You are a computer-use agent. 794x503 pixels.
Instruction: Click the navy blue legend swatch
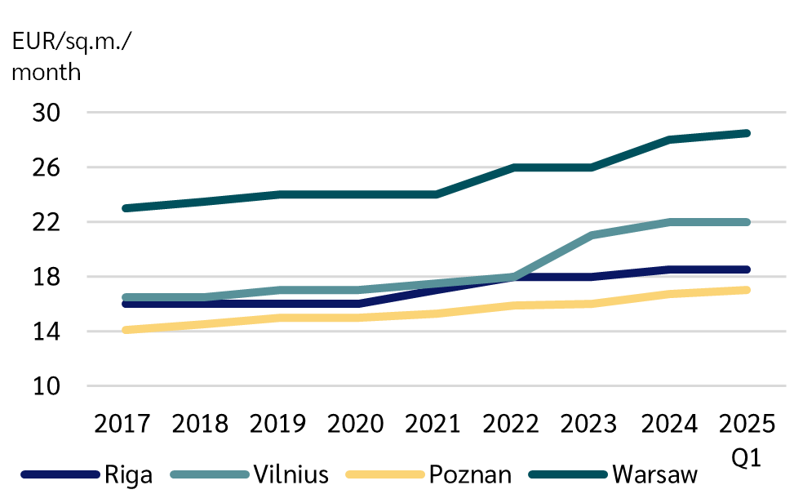coord(60,474)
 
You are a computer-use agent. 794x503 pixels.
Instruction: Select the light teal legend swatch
coord(210,474)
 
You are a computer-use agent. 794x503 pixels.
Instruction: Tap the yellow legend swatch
coord(385,474)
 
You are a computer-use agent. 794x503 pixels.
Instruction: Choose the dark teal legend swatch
coord(568,474)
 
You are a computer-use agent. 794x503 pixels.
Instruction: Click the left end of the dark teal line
coord(126,208)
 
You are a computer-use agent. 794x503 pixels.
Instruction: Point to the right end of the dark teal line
coord(746,133)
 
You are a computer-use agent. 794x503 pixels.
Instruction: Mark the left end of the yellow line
coord(126,330)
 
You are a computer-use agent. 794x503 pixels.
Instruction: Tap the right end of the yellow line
coord(746,290)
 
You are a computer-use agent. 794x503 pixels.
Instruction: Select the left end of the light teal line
coord(126,297)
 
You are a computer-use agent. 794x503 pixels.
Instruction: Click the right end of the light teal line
coord(746,222)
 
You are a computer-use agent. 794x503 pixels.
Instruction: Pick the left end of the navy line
coord(126,304)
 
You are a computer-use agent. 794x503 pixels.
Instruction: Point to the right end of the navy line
coord(746,269)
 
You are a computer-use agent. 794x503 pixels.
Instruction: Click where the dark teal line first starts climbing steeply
coord(435,194)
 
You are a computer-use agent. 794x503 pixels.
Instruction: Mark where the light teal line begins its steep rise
coord(514,276)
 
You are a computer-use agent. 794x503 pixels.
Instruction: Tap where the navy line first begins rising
coord(357,304)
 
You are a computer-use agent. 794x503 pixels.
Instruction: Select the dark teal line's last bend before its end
coord(671,140)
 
